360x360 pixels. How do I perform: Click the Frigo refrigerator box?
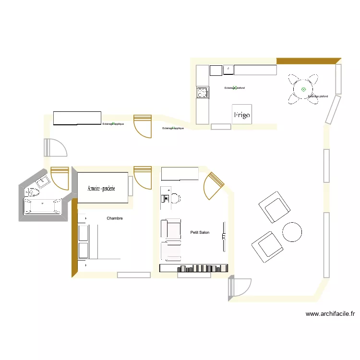point(241,114)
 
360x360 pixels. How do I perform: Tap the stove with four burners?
point(203,92)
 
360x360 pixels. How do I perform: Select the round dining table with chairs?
point(303,89)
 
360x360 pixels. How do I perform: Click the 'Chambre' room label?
point(115,218)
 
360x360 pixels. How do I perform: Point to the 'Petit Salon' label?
point(200,232)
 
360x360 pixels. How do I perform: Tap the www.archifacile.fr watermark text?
point(330,314)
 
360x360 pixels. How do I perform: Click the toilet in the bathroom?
point(32,192)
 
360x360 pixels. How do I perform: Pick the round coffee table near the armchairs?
point(292,232)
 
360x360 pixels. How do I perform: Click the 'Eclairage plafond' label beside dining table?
point(318,96)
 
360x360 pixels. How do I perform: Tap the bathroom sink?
point(42,181)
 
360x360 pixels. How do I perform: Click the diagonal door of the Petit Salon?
point(214,185)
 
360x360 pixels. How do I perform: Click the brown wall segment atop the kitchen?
point(308,61)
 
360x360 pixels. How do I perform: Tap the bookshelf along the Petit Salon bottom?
point(194,268)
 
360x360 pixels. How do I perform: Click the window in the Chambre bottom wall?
point(133,275)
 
